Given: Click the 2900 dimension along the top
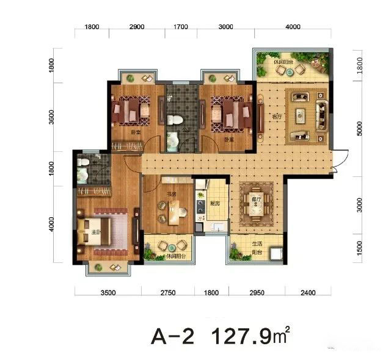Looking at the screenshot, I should click(137, 27).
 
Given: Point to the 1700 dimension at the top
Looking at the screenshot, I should click(180, 27).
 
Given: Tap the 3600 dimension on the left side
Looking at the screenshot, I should click(52, 115).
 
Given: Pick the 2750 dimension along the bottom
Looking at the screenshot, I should click(167, 293).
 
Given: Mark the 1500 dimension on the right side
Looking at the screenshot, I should click(359, 247).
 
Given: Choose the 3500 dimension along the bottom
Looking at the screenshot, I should click(108, 293).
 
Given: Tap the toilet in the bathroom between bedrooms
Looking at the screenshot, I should click(174, 120).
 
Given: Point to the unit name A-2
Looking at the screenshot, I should click(172, 337).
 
